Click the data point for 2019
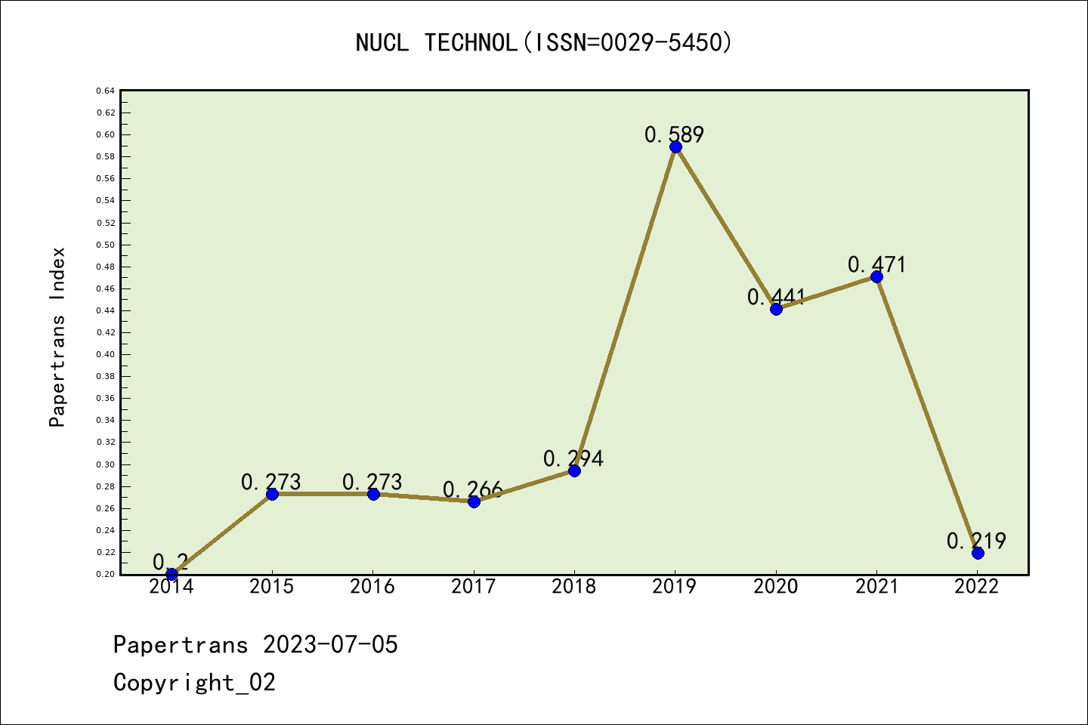[675, 147]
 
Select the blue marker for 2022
[978, 553]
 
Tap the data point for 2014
[172, 574]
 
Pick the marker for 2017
[474, 501]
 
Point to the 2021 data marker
[876, 277]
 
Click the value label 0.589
[674, 134]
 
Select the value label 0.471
[876, 264]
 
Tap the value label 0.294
[573, 458]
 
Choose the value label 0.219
[976, 541]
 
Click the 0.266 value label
[473, 489]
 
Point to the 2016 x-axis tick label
[372, 587]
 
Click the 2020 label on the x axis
[776, 587]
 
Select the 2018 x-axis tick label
[574, 587]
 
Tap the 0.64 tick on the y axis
[106, 91]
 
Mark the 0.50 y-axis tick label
[106, 245]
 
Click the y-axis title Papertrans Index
[57, 337]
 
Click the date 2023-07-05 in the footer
[330, 645]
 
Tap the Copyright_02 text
[194, 683]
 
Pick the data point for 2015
[273, 494]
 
